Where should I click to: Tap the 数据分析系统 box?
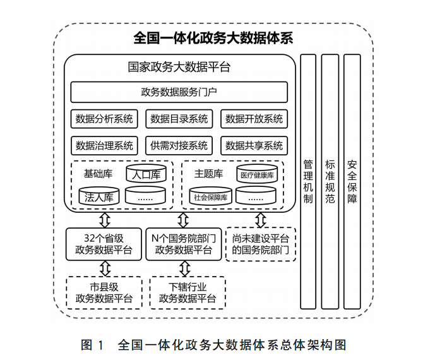[x=104, y=119]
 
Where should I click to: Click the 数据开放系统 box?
[x=254, y=119]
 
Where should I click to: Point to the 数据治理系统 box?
[x=104, y=146]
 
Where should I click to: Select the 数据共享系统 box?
[x=254, y=146]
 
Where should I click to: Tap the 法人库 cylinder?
[x=100, y=196]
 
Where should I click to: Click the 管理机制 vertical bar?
[x=307, y=179]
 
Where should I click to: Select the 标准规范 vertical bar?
[x=330, y=179]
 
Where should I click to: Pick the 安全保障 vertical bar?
[x=352, y=179]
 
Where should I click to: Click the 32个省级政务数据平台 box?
[x=104, y=244]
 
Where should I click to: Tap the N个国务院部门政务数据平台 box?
[x=182, y=244]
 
